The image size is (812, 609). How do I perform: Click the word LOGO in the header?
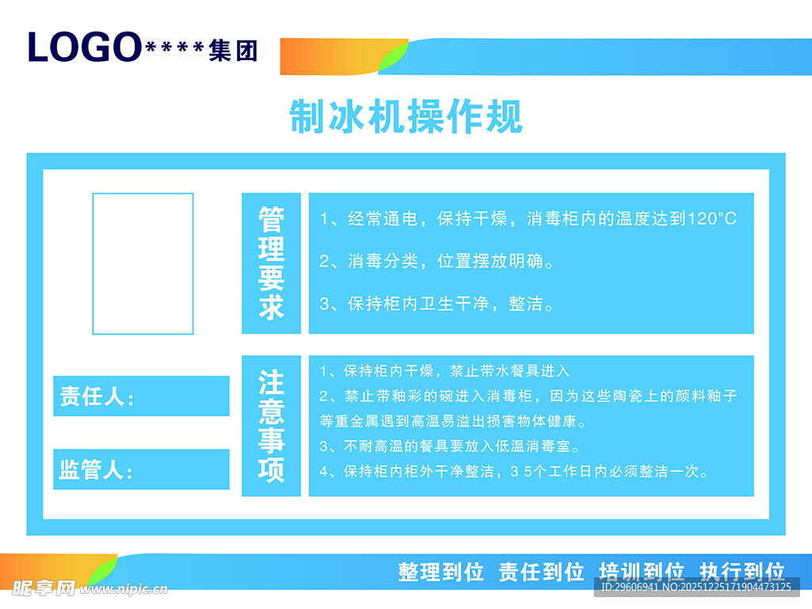[x=84, y=48]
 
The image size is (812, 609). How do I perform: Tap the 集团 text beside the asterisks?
[x=233, y=52]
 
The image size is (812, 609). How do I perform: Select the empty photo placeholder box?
[x=143, y=263]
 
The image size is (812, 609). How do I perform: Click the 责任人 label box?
[x=141, y=396]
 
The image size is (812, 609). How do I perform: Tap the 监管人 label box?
[x=141, y=469]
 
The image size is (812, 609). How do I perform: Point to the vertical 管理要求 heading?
[x=271, y=263]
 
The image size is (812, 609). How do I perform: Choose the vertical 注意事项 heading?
[x=271, y=426]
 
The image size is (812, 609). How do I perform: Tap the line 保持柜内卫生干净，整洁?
[x=437, y=303]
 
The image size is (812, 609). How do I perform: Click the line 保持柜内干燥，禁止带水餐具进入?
[x=445, y=370]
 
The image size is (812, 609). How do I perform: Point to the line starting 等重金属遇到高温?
[x=453, y=420]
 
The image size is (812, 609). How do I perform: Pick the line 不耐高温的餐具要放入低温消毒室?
[x=450, y=446]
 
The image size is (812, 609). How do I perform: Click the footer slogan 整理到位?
[x=441, y=572]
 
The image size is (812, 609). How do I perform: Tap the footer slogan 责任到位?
[x=542, y=572]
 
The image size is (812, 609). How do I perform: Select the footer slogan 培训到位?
[x=642, y=572]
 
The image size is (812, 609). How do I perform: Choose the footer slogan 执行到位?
[x=742, y=572]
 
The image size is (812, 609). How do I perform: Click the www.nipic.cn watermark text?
[x=127, y=589]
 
